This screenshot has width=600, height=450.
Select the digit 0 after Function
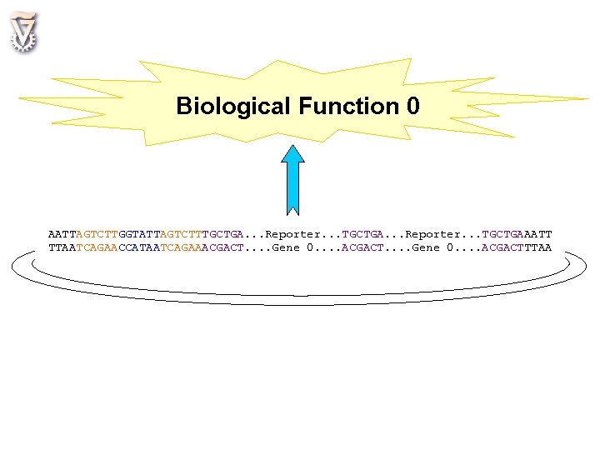tap(413, 107)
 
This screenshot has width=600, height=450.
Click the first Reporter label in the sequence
tap(292, 234)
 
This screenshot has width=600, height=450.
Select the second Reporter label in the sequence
tap(432, 234)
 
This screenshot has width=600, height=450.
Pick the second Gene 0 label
tap(432, 247)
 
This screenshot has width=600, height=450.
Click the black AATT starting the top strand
tap(62, 234)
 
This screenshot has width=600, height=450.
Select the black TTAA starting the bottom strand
tap(62, 247)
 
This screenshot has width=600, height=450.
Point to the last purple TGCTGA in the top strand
tap(502, 234)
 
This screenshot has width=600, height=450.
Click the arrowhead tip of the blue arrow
tap(292, 147)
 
